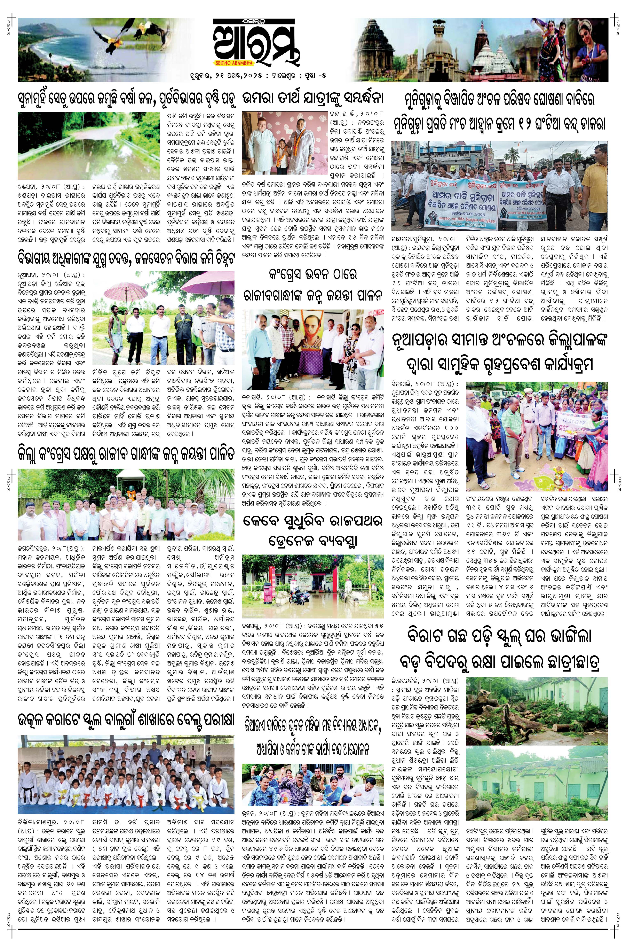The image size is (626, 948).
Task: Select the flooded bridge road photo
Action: coord(89,146)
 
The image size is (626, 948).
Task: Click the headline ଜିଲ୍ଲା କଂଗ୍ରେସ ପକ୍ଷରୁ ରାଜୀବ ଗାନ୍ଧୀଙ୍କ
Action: coord(126,455)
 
